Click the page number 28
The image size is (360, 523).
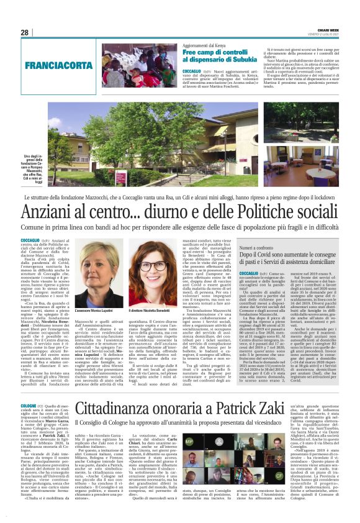pyautogui.click(x=24, y=33)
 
